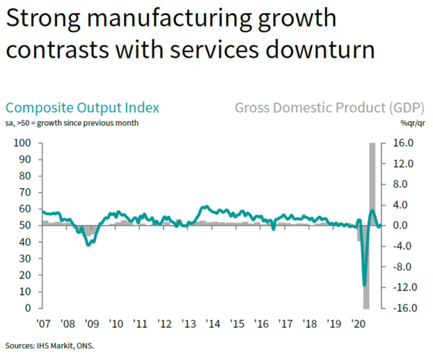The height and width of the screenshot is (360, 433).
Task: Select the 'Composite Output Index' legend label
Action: click(82, 108)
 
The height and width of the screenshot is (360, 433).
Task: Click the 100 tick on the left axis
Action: click(23, 143)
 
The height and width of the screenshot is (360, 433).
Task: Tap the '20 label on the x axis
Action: click(357, 324)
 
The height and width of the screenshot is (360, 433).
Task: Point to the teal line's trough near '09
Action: click(88, 245)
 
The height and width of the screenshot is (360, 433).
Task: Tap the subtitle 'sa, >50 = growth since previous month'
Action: click(72, 123)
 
